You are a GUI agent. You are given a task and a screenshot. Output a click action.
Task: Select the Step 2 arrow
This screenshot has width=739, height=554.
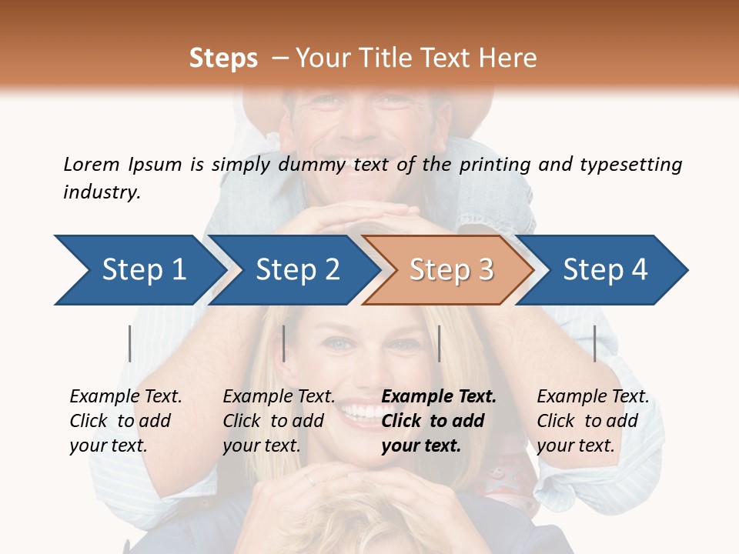click(296, 270)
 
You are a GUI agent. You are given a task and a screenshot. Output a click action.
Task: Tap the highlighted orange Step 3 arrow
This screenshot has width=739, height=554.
click(450, 270)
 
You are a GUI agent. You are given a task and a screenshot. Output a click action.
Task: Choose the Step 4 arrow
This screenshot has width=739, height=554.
click(604, 270)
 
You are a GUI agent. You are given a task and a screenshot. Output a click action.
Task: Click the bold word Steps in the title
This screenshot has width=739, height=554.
click(223, 58)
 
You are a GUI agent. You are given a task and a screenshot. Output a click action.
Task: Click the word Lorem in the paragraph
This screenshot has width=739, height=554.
click(91, 164)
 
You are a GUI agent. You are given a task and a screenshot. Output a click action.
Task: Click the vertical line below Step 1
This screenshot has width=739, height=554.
click(130, 343)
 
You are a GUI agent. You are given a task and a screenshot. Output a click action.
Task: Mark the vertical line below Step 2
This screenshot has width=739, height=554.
click(284, 343)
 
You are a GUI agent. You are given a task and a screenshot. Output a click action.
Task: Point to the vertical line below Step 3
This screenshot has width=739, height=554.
click(439, 343)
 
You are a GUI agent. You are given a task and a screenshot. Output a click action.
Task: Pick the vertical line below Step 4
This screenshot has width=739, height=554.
click(594, 343)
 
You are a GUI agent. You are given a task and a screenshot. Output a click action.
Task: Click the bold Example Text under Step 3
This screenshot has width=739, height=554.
click(439, 397)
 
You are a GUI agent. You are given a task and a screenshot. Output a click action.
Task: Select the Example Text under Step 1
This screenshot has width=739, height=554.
click(125, 397)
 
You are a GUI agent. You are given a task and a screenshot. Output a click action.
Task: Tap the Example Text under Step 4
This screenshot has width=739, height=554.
click(593, 397)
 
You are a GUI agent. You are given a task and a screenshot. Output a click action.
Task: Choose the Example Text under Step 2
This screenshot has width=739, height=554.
click(279, 397)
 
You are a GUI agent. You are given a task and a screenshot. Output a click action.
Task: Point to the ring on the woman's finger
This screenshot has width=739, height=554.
click(309, 479)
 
